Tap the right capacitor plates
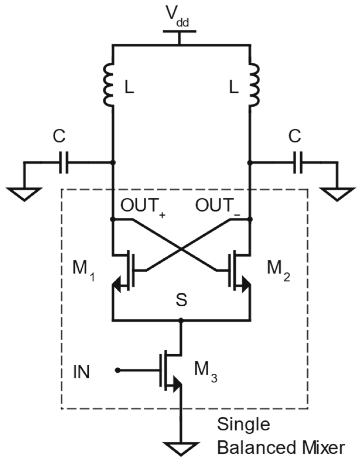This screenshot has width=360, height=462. [298, 162]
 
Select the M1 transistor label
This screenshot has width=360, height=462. [83, 269]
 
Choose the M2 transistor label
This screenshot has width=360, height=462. [278, 269]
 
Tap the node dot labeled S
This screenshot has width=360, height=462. [181, 320]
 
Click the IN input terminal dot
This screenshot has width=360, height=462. [117, 370]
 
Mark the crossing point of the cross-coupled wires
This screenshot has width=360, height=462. [181, 249]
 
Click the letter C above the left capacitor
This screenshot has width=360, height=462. [59, 136]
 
